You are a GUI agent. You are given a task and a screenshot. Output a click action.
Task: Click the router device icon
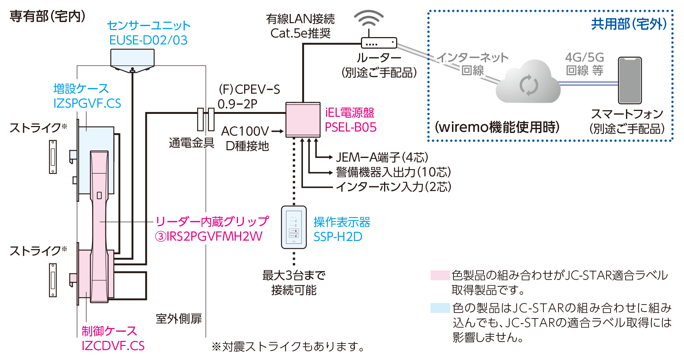point(379,43)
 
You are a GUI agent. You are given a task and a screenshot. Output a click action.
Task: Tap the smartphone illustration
point(630,80)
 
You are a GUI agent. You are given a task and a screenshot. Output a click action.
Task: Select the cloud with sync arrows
point(528,84)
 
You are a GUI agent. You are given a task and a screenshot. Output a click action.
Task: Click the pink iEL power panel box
point(303,120)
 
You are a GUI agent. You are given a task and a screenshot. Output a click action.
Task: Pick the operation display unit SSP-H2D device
point(294,227)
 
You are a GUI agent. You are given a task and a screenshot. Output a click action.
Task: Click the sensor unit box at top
point(133,59)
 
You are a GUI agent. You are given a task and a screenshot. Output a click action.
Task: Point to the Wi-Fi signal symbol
point(369,18)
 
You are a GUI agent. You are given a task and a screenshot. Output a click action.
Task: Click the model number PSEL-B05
point(351,127)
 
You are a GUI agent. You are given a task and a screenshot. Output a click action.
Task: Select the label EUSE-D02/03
point(148,40)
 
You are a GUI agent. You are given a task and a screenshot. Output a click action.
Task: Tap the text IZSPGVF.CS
point(87,104)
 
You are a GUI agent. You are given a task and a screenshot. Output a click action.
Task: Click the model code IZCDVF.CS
point(113,346)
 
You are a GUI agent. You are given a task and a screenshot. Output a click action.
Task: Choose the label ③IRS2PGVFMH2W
point(209,236)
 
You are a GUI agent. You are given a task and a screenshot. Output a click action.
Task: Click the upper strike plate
point(53,157)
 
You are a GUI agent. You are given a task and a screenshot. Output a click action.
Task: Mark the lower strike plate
point(53,280)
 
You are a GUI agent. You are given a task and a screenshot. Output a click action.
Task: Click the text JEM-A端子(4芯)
point(382,157)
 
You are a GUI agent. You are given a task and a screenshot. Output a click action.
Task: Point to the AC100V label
point(245,131)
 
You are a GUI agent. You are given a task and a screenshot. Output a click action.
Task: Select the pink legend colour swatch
point(440,275)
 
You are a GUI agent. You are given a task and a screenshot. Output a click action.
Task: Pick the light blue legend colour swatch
point(440,307)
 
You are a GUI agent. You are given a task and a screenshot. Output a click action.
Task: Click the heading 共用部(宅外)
point(629,24)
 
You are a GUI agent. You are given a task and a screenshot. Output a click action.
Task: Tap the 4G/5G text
point(585,57)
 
